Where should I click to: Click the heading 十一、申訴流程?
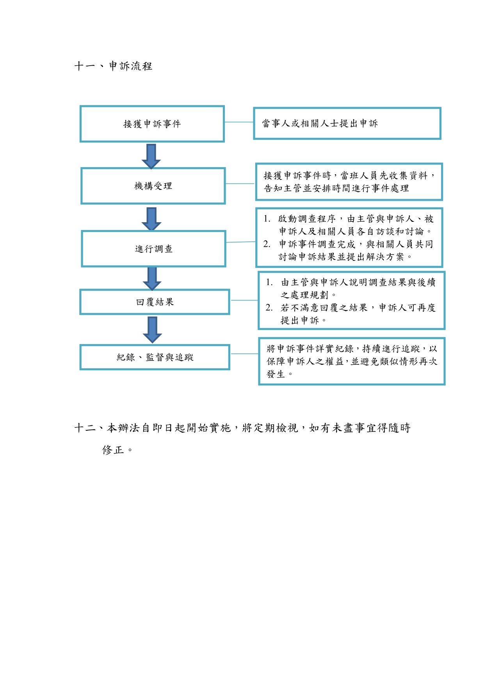pyautogui.click(x=113, y=66)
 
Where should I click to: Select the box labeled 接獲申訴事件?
pyautogui.click(x=152, y=124)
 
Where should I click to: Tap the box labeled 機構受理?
pyautogui.click(x=153, y=186)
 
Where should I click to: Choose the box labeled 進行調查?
pyautogui.click(x=154, y=249)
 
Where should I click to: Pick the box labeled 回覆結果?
pyautogui.click(x=155, y=302)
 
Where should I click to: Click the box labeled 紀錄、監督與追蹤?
pyautogui.click(x=155, y=357)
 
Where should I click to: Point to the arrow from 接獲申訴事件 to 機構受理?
pyautogui.click(x=151, y=156)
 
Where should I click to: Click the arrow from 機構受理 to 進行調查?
pyautogui.click(x=151, y=219)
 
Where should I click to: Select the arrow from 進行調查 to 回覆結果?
pyautogui.click(x=152, y=278)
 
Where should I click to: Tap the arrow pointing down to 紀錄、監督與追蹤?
pyautogui.click(x=152, y=330)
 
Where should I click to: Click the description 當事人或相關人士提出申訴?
pyautogui.click(x=320, y=123)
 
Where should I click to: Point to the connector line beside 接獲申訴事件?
pyautogui.click(x=239, y=122)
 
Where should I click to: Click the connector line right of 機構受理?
pyautogui.click(x=240, y=184)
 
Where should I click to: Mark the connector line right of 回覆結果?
pyautogui.click(x=244, y=300)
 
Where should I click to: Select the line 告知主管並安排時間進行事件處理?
pyautogui.click(x=336, y=188)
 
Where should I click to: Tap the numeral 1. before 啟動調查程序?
pyautogui.click(x=267, y=219)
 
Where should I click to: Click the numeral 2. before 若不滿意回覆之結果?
pyautogui.click(x=269, y=308)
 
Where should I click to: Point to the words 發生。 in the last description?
pyautogui.click(x=279, y=374)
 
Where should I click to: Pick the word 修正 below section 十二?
pyautogui.click(x=113, y=450)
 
